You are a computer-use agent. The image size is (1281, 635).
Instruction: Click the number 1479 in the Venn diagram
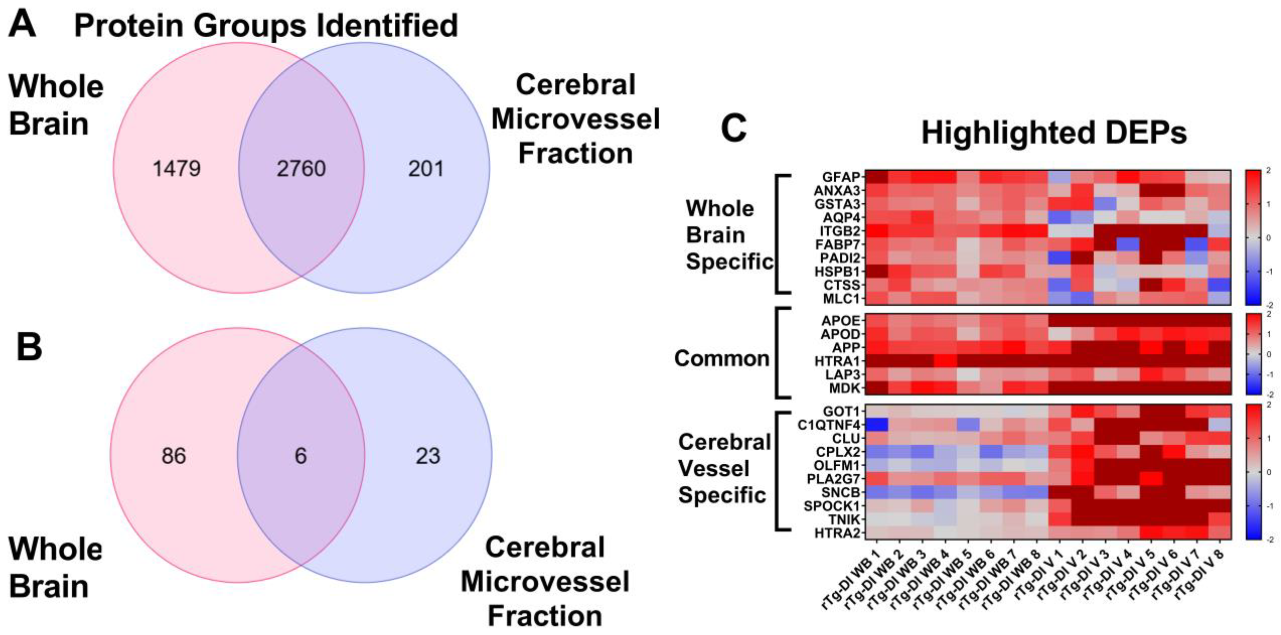coord(176,169)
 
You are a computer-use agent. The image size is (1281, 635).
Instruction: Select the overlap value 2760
coord(301,169)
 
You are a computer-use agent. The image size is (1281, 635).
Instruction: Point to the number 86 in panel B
coord(174,456)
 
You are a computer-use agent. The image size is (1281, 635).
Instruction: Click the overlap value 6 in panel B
coord(301,456)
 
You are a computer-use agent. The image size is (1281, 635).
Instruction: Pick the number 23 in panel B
coord(428,456)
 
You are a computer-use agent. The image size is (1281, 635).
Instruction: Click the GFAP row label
coord(841,177)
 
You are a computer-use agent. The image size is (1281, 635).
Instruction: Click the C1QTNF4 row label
coord(829,425)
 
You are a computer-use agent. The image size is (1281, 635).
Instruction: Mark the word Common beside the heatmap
coord(722,358)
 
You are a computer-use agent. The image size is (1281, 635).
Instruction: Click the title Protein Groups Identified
coord(266,26)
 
